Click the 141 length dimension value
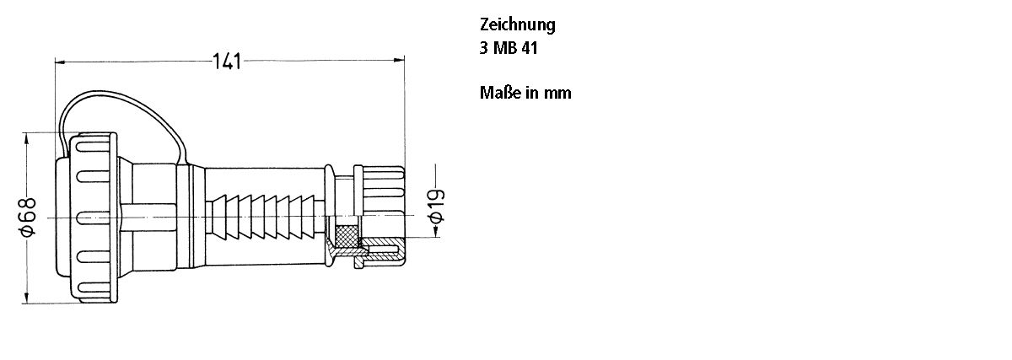pos(227,62)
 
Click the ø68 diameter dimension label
pos(28,217)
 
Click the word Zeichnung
pos(517,24)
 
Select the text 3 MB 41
pos(509,48)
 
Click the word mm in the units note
pos(557,93)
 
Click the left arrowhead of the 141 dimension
pos(59,62)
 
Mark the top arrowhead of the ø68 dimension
pos(29,136)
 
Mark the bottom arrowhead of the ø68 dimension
pos(29,297)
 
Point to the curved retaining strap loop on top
pos(118,98)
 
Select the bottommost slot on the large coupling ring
pos(91,288)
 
